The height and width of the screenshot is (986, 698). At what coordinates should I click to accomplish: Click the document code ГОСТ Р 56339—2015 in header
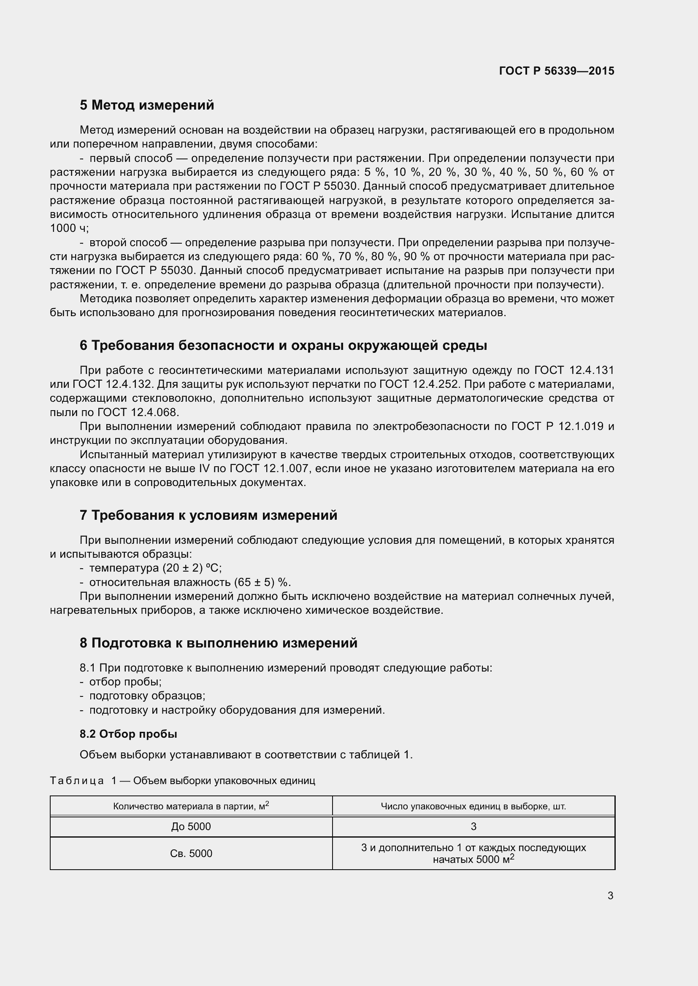coord(557,71)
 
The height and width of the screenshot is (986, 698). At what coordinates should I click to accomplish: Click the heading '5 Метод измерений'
coord(146,105)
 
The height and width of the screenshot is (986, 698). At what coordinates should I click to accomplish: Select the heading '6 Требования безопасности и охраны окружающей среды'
coord(283,345)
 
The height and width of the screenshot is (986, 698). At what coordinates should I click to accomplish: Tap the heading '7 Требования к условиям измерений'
coord(208,515)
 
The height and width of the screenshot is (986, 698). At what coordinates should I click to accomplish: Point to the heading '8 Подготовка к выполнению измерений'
coord(218,643)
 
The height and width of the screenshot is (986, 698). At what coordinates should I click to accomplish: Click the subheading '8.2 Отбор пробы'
coord(128,734)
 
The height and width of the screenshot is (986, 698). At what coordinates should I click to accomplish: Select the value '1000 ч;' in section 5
coord(69,228)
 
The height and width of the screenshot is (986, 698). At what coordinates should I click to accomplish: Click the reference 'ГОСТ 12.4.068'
coord(138,412)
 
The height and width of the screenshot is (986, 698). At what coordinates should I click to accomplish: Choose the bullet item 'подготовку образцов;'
coord(147,696)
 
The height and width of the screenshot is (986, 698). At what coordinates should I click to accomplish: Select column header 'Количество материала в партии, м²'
coord(191,806)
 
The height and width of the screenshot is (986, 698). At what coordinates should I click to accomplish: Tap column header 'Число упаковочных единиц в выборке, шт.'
coord(473,806)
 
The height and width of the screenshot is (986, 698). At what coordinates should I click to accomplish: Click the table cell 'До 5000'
coord(191,827)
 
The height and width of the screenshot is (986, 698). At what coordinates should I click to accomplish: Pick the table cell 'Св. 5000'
coord(191,853)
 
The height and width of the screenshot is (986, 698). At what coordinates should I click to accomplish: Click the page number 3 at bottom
coord(610,895)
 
